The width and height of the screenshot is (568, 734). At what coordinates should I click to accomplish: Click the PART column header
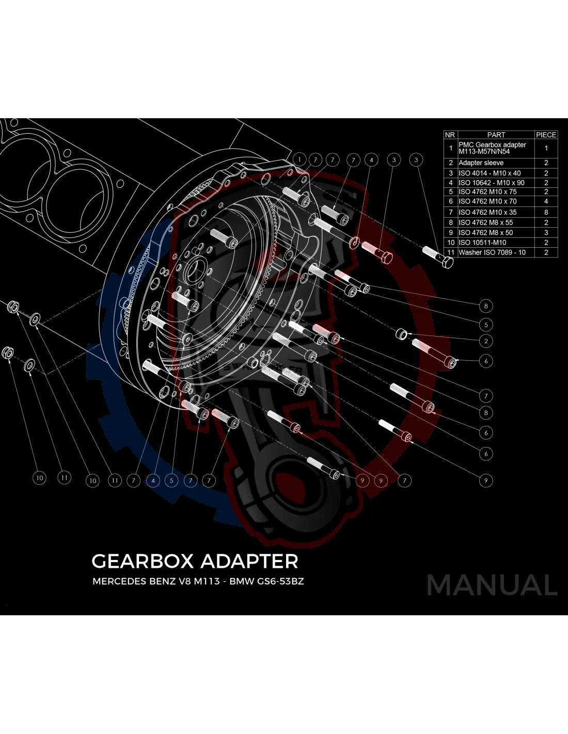pyautogui.click(x=496, y=135)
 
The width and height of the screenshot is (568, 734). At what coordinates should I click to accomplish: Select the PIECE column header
pyautogui.click(x=546, y=135)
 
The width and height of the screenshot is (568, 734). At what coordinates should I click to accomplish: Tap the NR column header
pyautogui.click(x=450, y=135)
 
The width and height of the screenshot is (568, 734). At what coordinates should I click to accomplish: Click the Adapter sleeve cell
pyautogui.click(x=481, y=163)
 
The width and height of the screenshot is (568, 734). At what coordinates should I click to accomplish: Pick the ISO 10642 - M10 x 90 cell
pyautogui.click(x=491, y=183)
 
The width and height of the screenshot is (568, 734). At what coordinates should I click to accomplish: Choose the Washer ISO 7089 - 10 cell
pyautogui.click(x=492, y=252)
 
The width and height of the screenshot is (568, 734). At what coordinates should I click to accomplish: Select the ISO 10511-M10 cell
pyautogui.click(x=482, y=243)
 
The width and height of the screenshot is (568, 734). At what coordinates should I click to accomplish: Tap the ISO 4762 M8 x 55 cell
pyautogui.click(x=485, y=222)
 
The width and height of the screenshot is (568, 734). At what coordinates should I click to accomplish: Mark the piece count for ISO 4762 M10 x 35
pyautogui.click(x=546, y=213)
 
